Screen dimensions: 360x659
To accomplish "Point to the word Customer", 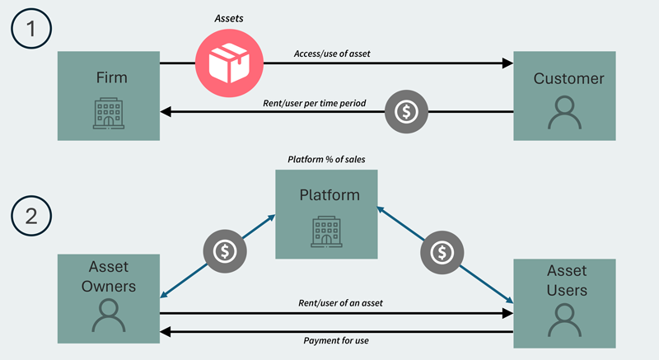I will [568, 79].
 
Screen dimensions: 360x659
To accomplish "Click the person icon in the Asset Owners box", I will [107, 316].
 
